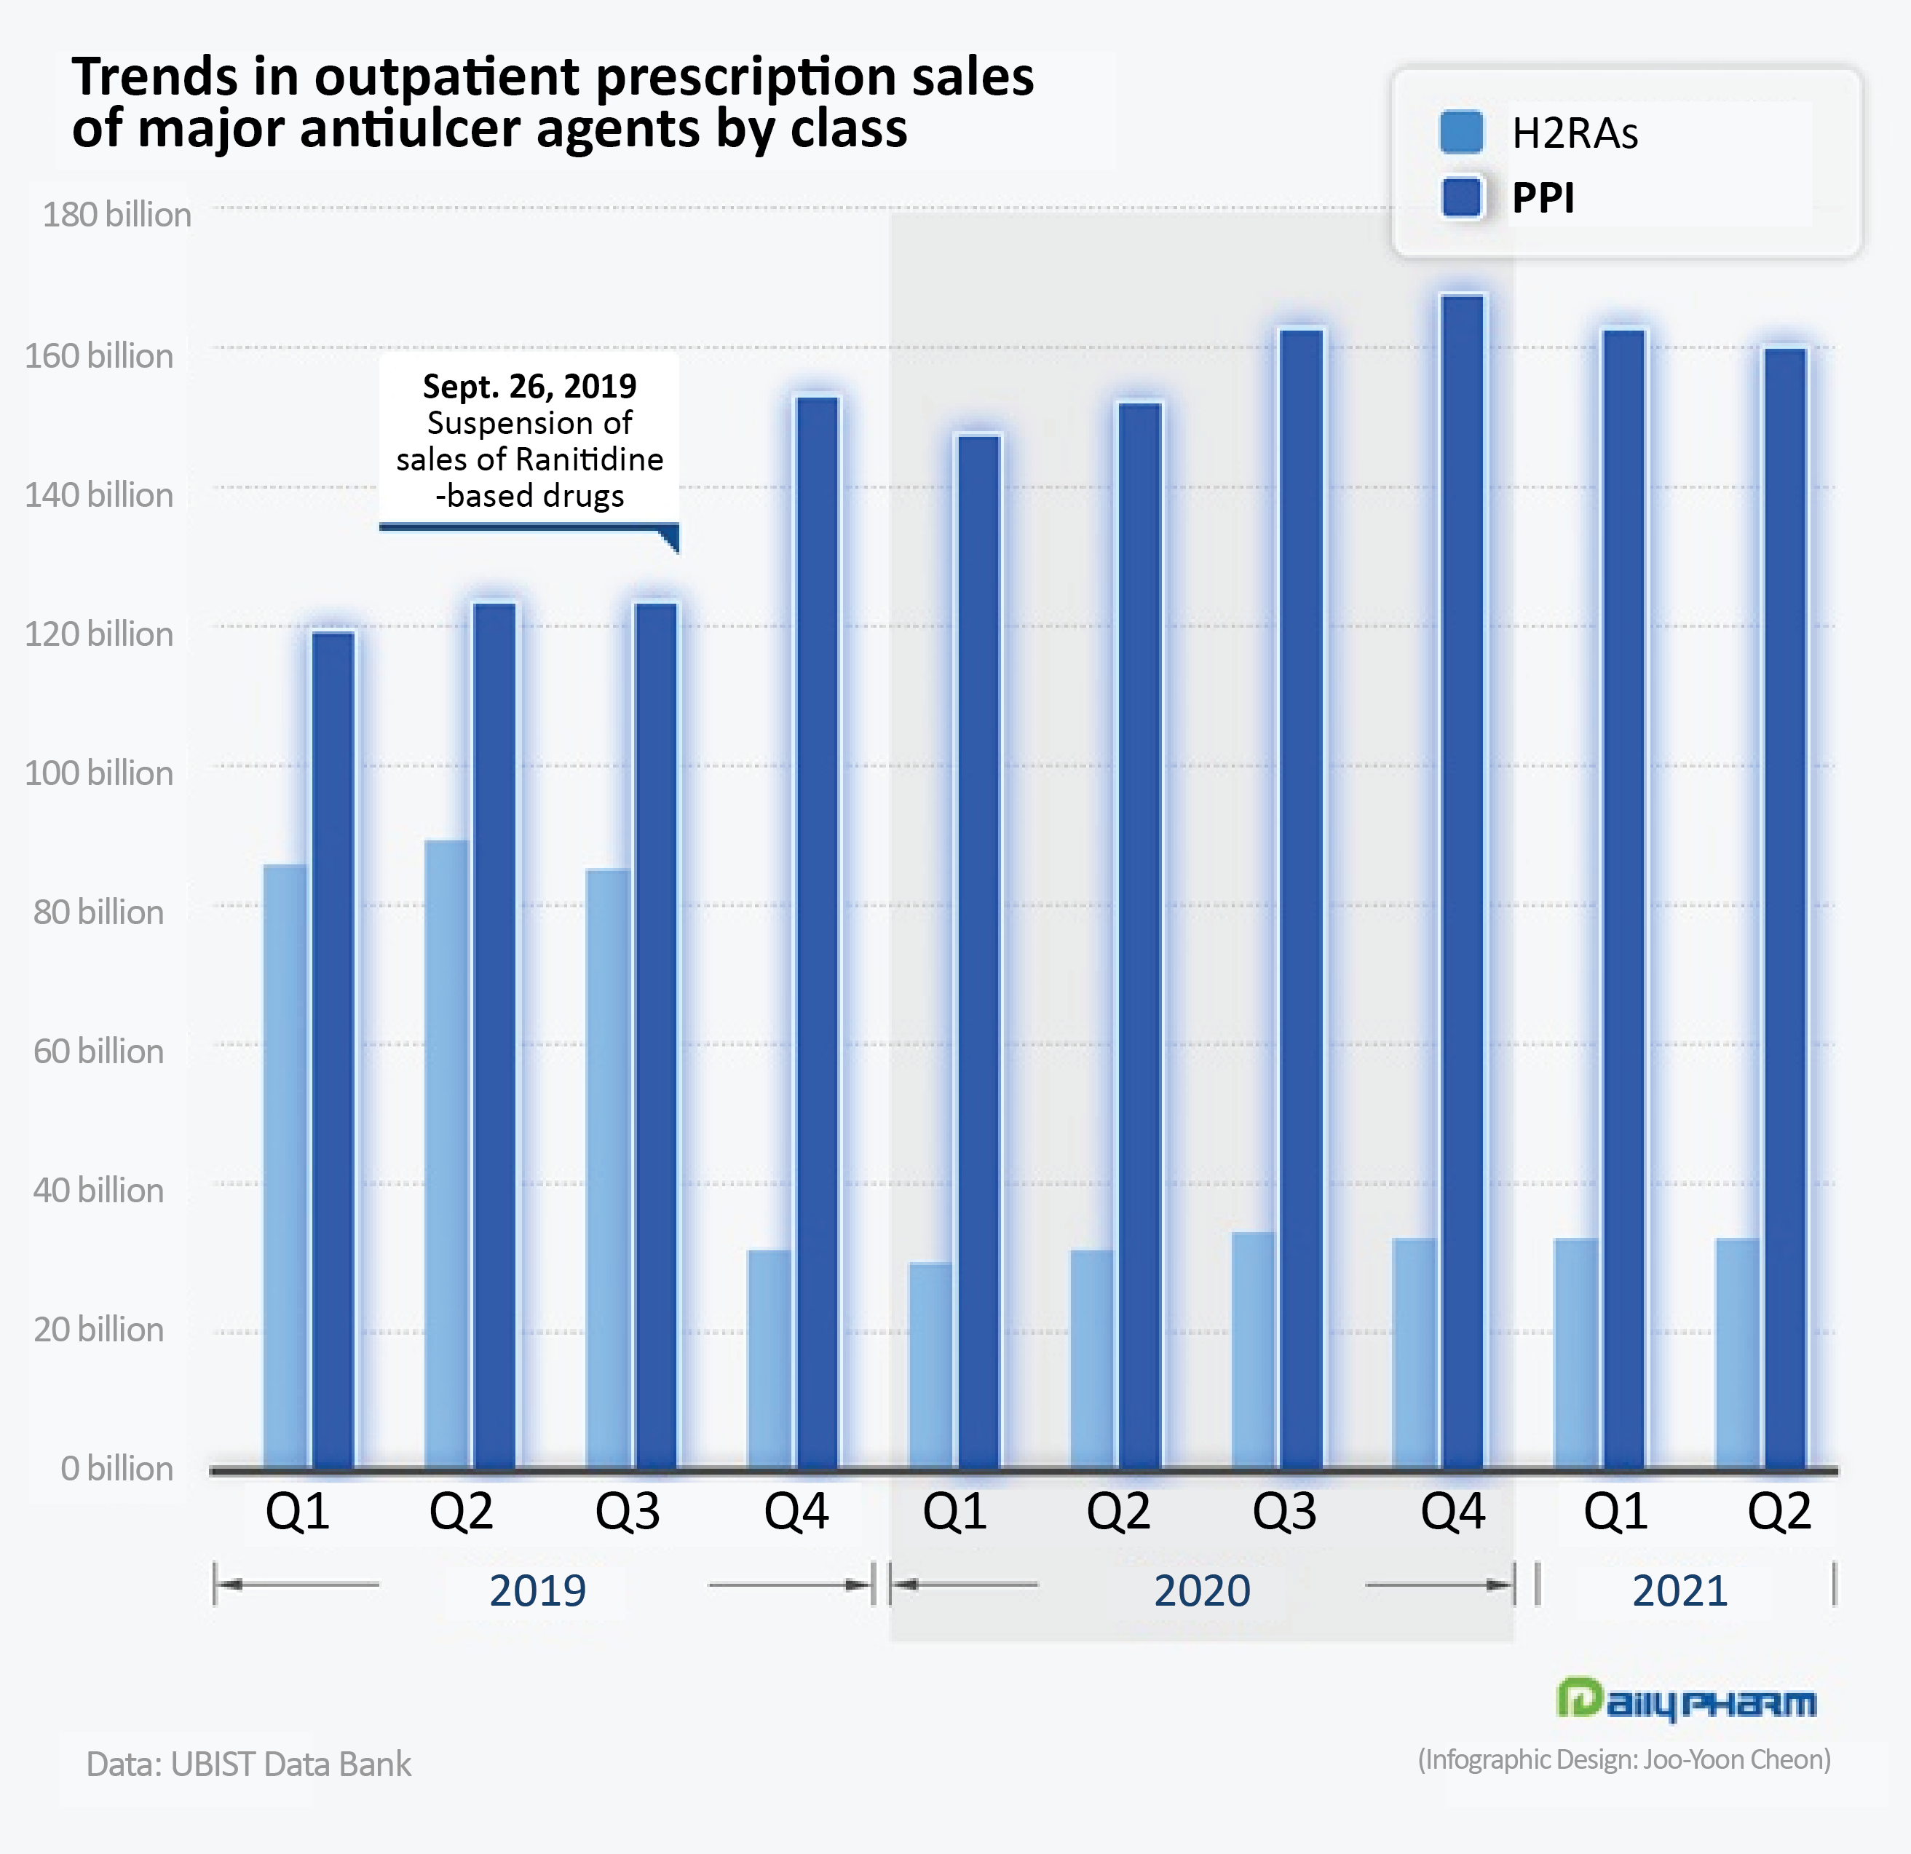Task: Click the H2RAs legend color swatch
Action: click(x=1460, y=133)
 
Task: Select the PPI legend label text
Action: click(x=1543, y=198)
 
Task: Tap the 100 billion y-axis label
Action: click(x=98, y=773)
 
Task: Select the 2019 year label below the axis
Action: click(x=537, y=1590)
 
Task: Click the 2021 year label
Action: click(x=1679, y=1590)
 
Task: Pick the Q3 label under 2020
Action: click(x=1284, y=1512)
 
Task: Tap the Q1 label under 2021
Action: click(x=1615, y=1512)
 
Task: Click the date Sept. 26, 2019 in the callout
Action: click(x=529, y=386)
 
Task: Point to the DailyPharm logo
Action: click(x=1686, y=1700)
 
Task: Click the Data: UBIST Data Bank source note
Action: click(x=249, y=1764)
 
